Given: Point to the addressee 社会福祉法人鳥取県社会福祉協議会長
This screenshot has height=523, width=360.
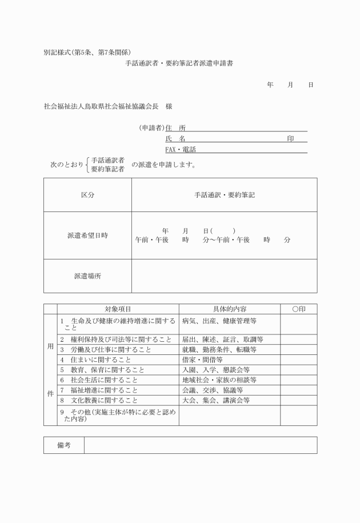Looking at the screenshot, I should coord(101,106).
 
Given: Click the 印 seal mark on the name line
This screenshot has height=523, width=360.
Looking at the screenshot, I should coord(291,138).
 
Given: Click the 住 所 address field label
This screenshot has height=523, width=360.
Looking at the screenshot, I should coord(175,128).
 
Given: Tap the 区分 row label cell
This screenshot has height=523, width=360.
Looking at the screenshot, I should coord(87,195).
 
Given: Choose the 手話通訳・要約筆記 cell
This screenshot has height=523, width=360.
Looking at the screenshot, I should coord(224,195).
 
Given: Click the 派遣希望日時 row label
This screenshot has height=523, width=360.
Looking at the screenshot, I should coord(87,235).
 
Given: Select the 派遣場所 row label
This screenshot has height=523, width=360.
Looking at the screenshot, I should coord(87,276).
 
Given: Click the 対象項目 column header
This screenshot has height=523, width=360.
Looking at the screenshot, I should coord(118,309).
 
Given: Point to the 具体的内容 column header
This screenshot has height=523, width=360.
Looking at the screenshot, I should coord(229,309).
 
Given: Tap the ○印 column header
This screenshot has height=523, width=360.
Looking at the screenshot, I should coord(298,309).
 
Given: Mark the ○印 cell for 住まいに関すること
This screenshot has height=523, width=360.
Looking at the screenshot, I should coord(298,360).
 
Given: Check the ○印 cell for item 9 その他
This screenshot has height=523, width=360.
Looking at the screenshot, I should coord(298,416).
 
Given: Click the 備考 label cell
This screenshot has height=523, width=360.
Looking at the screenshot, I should coord(64,445).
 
